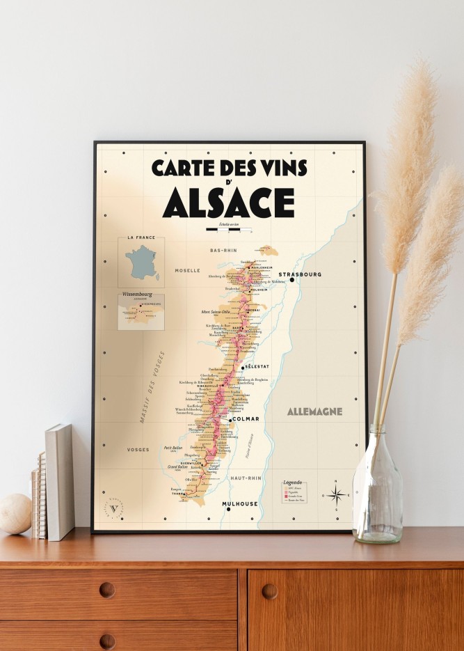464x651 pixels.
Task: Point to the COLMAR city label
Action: pyautogui.click(x=246, y=419)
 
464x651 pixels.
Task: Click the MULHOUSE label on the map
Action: pyautogui.click(x=240, y=503)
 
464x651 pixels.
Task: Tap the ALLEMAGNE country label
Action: pyautogui.click(x=314, y=411)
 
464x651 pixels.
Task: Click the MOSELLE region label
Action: pyautogui.click(x=187, y=270)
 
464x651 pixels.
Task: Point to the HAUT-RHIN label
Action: pyautogui.click(x=247, y=478)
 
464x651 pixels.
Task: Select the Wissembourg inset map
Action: pyautogui.click(x=141, y=311)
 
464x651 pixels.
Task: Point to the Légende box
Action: pyautogui.click(x=294, y=492)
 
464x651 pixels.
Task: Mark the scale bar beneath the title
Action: pyautogui.click(x=228, y=228)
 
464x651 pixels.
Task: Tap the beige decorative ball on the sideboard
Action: pyautogui.click(x=15, y=514)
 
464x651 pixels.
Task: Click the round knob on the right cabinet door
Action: pyautogui.click(x=269, y=591)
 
